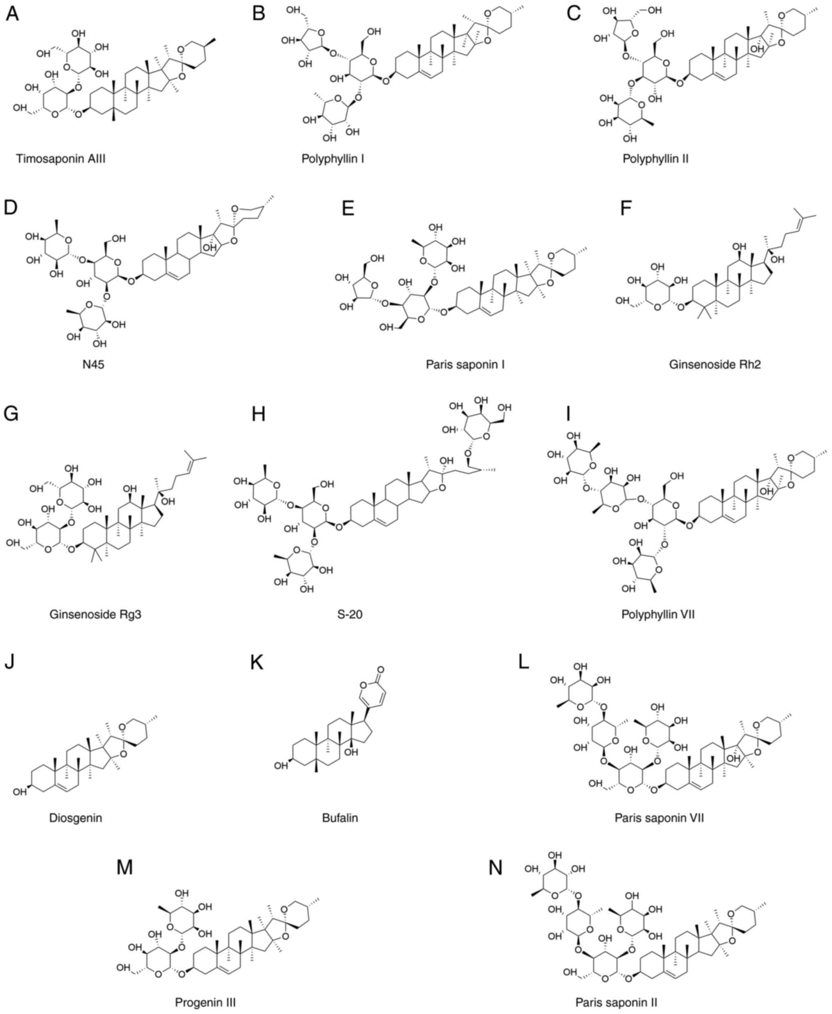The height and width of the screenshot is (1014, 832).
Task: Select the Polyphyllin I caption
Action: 332,158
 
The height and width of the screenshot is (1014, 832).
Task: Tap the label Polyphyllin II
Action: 655,158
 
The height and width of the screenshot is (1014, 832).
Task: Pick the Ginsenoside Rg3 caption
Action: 95,614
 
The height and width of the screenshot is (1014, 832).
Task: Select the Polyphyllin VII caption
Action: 658,614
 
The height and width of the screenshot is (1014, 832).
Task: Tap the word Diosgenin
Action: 75,818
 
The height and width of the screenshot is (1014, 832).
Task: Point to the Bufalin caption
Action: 340,818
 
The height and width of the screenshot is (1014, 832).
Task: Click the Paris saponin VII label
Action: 659,818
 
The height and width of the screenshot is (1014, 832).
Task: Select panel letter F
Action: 626,209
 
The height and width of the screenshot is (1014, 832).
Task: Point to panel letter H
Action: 258,414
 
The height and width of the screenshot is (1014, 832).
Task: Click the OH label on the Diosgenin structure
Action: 19,792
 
